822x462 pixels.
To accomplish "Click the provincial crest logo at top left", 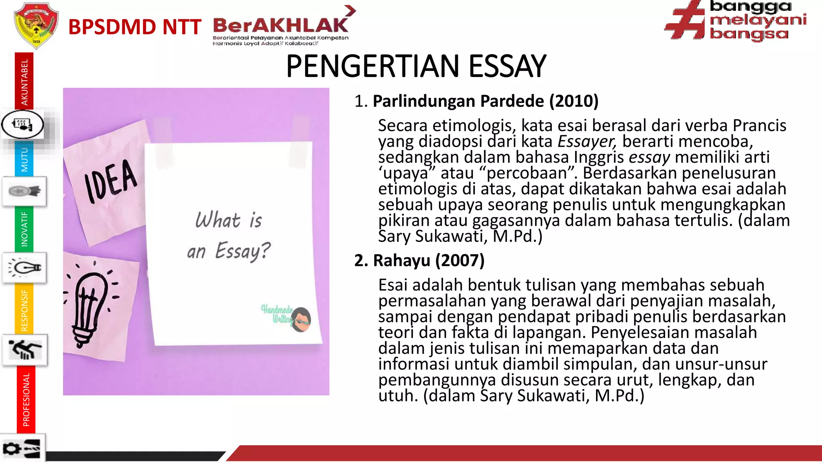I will [x=36, y=25].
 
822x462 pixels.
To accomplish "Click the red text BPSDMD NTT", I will [x=134, y=27].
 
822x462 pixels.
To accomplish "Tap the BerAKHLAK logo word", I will [x=280, y=25].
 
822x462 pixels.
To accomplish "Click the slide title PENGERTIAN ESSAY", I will [x=416, y=66].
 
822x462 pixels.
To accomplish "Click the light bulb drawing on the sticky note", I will [x=91, y=305].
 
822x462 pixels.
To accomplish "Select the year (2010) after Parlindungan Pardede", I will [x=574, y=101].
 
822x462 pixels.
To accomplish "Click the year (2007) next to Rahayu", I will [x=460, y=261].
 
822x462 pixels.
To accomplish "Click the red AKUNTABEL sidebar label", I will [x=24, y=82].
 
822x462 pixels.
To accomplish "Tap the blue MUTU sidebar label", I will [x=24, y=159].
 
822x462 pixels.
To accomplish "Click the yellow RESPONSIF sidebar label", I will [x=24, y=310].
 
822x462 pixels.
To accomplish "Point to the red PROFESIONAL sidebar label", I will [x=26, y=399].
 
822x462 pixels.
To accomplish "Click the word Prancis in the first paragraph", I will [x=759, y=126].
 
